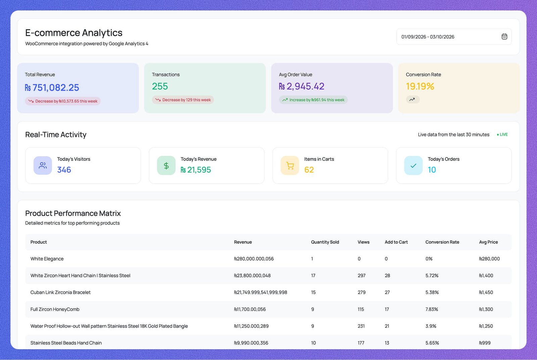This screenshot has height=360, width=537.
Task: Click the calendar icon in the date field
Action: pos(504,37)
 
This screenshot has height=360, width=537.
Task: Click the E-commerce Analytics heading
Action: pos(74,33)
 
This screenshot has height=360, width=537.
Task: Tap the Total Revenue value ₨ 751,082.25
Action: pos(52,88)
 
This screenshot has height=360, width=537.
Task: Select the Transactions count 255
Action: pos(160,86)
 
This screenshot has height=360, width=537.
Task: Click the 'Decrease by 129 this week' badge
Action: pos(183,100)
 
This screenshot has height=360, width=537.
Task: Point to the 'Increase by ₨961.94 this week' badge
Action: pos(313,100)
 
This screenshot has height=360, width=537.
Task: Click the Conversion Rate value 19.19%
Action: pos(420,86)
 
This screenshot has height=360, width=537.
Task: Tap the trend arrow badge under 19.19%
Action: pos(412,99)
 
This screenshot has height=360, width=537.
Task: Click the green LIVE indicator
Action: pos(502,134)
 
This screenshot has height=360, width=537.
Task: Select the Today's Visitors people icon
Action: pos(43,166)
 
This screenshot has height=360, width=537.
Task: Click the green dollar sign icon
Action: pos(166,166)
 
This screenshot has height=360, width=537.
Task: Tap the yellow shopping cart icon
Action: pos(290,166)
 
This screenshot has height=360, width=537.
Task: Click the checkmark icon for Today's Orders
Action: pos(413,166)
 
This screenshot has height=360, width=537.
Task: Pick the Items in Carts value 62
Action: pos(309,170)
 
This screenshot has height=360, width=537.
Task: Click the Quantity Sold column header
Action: pos(325,242)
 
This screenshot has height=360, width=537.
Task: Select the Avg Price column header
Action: pos(488,242)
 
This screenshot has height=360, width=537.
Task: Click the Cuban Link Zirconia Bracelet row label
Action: pos(60,292)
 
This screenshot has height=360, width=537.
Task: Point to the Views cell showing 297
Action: pos(361,276)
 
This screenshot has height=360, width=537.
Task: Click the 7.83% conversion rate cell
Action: pos(432,309)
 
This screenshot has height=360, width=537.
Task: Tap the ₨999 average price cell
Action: pos(485,343)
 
